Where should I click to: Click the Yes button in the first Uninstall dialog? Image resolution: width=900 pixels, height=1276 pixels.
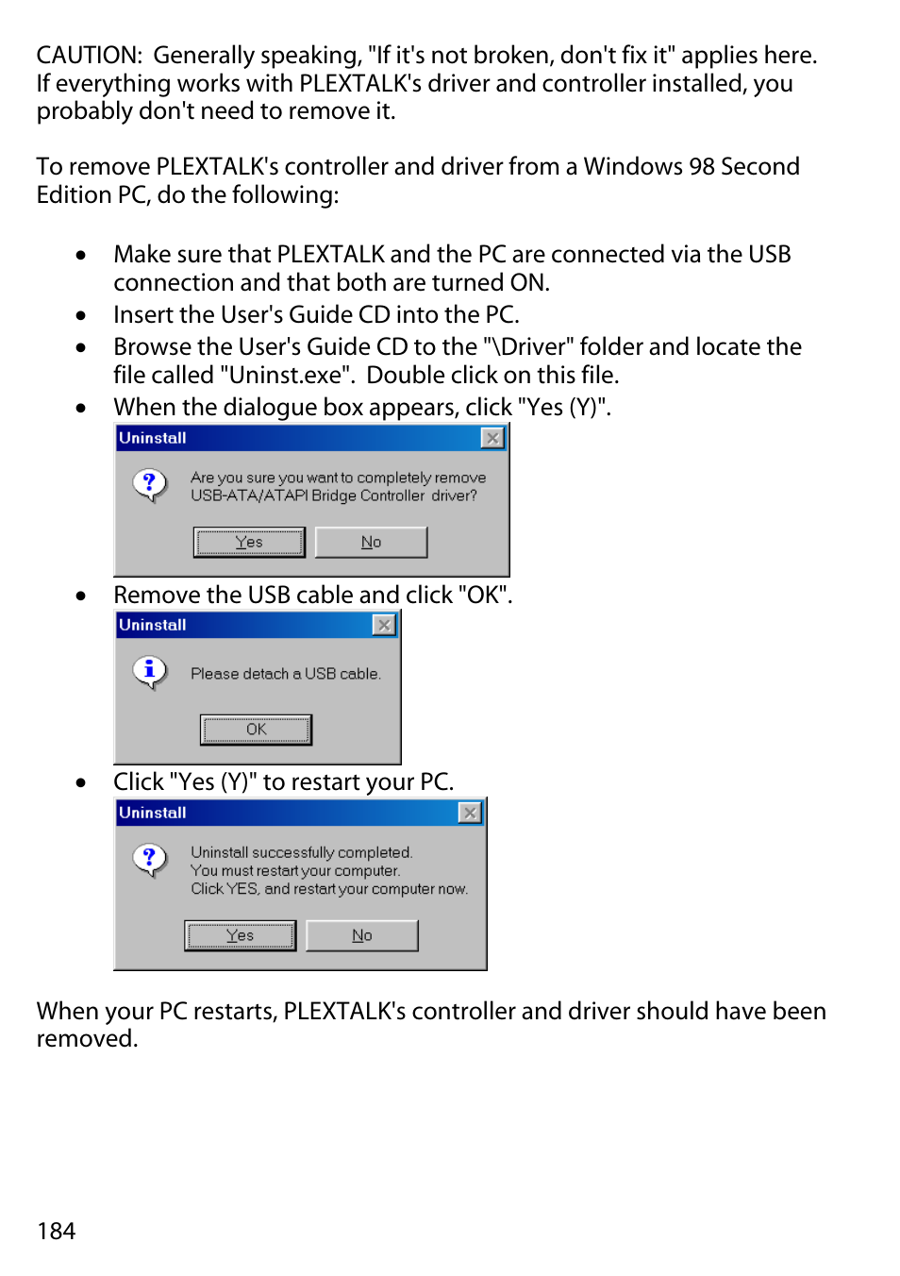coord(249,542)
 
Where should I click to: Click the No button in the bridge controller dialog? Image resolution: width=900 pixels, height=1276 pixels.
coord(371,542)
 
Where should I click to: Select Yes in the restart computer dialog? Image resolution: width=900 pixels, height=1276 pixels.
coord(240,935)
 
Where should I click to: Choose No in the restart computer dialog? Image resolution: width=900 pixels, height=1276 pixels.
coord(362,935)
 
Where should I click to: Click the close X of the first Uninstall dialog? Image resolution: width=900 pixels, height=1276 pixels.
coord(492,438)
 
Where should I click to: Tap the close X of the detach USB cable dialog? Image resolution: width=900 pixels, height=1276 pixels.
coord(384,625)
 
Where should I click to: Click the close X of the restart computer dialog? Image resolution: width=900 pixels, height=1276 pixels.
coord(470,813)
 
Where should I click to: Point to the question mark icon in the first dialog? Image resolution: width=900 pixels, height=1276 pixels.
coord(149,484)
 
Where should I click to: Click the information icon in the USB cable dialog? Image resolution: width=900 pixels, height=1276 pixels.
coord(149,671)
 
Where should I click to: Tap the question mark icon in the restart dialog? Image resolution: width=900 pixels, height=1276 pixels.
coord(149,859)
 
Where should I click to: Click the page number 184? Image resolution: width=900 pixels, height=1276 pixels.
coord(56,1231)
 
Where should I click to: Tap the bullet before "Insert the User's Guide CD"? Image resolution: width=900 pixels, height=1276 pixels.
coord(81,316)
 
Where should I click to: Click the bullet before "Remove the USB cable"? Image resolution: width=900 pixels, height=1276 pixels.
coord(81,596)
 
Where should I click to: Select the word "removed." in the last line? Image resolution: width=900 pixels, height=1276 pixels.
coord(87,1039)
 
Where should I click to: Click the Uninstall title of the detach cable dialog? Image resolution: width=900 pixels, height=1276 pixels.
coord(153,625)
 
